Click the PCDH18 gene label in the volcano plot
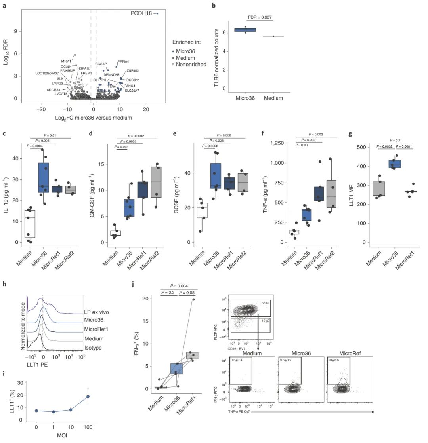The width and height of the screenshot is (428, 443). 141,13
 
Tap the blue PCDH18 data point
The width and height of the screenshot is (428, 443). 157,13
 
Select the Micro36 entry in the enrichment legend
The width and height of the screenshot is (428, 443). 187,51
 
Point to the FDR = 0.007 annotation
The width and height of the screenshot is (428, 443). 261,17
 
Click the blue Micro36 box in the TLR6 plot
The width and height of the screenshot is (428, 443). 245,30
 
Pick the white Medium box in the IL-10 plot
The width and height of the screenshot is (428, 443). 30,224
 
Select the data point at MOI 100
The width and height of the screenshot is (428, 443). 88,396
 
